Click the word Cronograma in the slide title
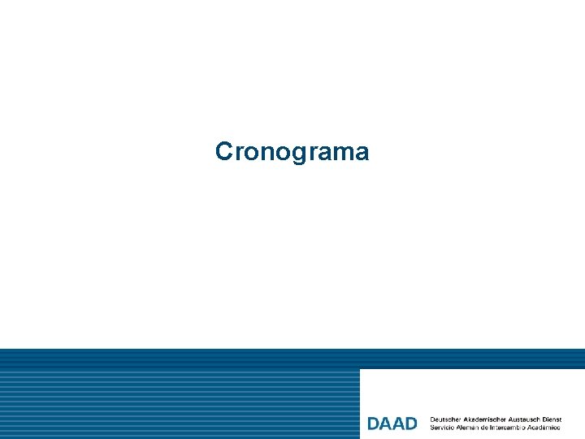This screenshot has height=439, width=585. tap(292, 152)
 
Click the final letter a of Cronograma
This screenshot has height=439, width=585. tap(362, 153)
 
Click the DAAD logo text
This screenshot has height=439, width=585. tap(392, 424)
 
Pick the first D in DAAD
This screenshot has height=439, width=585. tap(374, 424)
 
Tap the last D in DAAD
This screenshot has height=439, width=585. tap(410, 424)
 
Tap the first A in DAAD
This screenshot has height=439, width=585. tap(386, 424)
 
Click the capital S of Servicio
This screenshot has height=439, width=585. tap(432, 427)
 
